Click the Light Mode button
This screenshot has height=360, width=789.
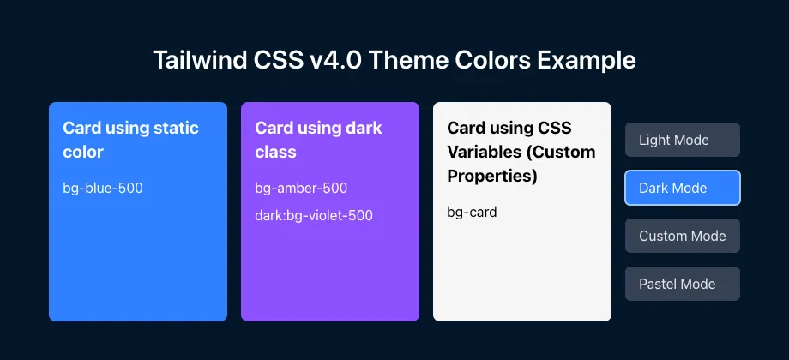coord(682,140)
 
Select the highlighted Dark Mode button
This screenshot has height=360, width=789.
coord(682,188)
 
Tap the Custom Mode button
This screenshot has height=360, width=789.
coord(682,236)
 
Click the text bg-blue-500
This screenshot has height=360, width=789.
coord(103,188)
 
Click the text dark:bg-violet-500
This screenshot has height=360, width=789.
coord(314,215)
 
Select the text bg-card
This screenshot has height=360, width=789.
coord(472,212)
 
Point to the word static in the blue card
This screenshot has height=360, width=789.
coord(176,128)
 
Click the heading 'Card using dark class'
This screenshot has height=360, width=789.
coord(318,140)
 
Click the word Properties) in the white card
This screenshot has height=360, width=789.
coord(492,177)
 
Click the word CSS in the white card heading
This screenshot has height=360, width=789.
coord(555,128)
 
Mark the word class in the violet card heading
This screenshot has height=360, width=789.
coord(275,153)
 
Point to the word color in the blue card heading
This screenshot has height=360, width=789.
coord(83,153)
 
